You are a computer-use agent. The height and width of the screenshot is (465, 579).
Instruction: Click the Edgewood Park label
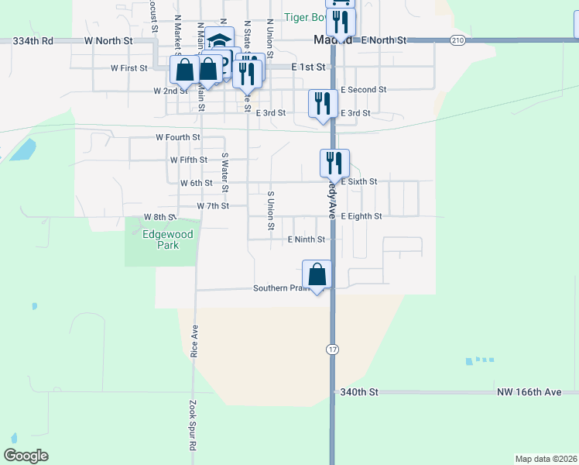[x=162, y=239]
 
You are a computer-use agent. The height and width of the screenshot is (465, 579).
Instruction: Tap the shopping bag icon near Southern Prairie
[x=317, y=274]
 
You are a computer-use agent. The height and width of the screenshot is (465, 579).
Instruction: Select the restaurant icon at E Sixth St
[x=334, y=163]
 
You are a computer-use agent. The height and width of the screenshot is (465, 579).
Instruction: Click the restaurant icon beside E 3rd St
[x=323, y=104]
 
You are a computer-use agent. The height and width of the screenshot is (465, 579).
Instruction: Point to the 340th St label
[x=359, y=393]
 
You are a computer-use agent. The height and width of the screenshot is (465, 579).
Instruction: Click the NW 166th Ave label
[x=529, y=393]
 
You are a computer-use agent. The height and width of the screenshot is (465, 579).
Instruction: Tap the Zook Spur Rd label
[x=192, y=425]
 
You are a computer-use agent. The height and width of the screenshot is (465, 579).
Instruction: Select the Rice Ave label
[x=194, y=341]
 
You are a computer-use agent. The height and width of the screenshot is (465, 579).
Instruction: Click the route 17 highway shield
[x=331, y=350]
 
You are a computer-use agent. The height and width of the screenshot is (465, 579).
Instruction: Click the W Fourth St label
[x=178, y=137]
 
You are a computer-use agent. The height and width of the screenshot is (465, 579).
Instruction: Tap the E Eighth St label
[x=361, y=216]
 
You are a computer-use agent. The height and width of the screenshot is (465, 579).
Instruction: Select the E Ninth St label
[x=306, y=239]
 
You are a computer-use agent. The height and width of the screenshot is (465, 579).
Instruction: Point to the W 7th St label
[x=213, y=205]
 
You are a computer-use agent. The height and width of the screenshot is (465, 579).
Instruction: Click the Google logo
[x=26, y=456]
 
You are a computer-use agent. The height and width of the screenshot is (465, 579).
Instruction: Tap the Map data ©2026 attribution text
[x=546, y=458]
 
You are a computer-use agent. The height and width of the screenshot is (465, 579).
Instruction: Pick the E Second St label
[x=363, y=90]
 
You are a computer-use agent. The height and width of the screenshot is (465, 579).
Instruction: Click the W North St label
[x=109, y=40]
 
